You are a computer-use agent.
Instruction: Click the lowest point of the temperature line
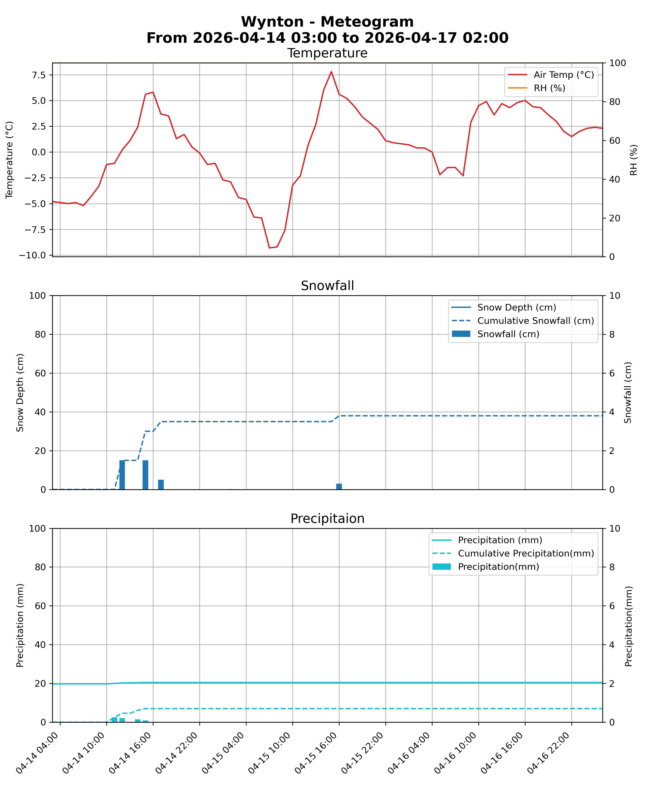(269, 248)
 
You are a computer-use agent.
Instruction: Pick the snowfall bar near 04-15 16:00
(339, 487)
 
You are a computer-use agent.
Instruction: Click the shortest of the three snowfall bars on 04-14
(161, 485)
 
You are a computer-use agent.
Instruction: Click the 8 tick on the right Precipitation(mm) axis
(612, 567)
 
